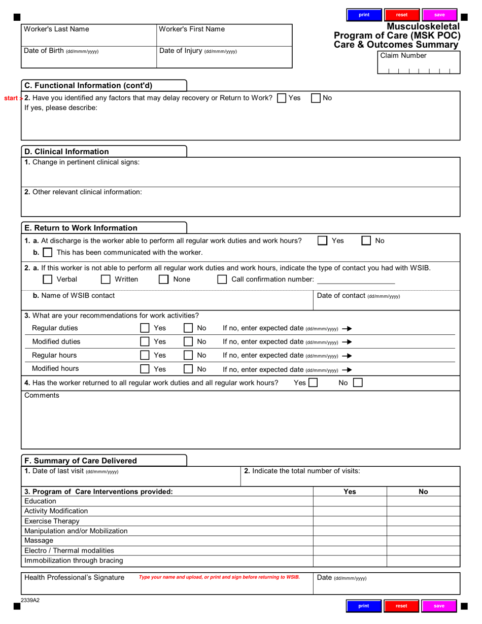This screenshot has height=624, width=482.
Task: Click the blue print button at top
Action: point(364,15)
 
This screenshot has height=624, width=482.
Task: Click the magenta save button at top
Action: point(439,15)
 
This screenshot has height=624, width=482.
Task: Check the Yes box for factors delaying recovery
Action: point(281,98)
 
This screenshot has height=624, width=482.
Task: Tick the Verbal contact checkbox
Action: point(47,279)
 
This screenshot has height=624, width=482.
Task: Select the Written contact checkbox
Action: point(106,279)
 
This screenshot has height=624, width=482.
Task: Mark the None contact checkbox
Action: point(163,279)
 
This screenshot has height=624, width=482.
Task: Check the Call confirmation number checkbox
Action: point(222,279)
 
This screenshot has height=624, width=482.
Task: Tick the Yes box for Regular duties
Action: point(145,328)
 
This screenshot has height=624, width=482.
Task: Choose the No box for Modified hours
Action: point(188,369)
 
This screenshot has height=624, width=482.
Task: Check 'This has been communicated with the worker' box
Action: point(47,252)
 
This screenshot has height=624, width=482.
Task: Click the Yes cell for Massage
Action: point(350,541)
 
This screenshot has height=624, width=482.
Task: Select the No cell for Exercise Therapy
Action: point(423,521)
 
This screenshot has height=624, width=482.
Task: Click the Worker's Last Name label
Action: point(56,29)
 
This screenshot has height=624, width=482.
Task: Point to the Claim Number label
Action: point(403,56)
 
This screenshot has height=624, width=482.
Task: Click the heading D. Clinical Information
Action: point(66,152)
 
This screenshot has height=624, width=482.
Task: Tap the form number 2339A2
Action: point(30,600)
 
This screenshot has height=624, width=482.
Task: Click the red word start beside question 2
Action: point(11,98)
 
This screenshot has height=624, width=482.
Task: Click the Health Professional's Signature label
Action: point(74,577)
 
